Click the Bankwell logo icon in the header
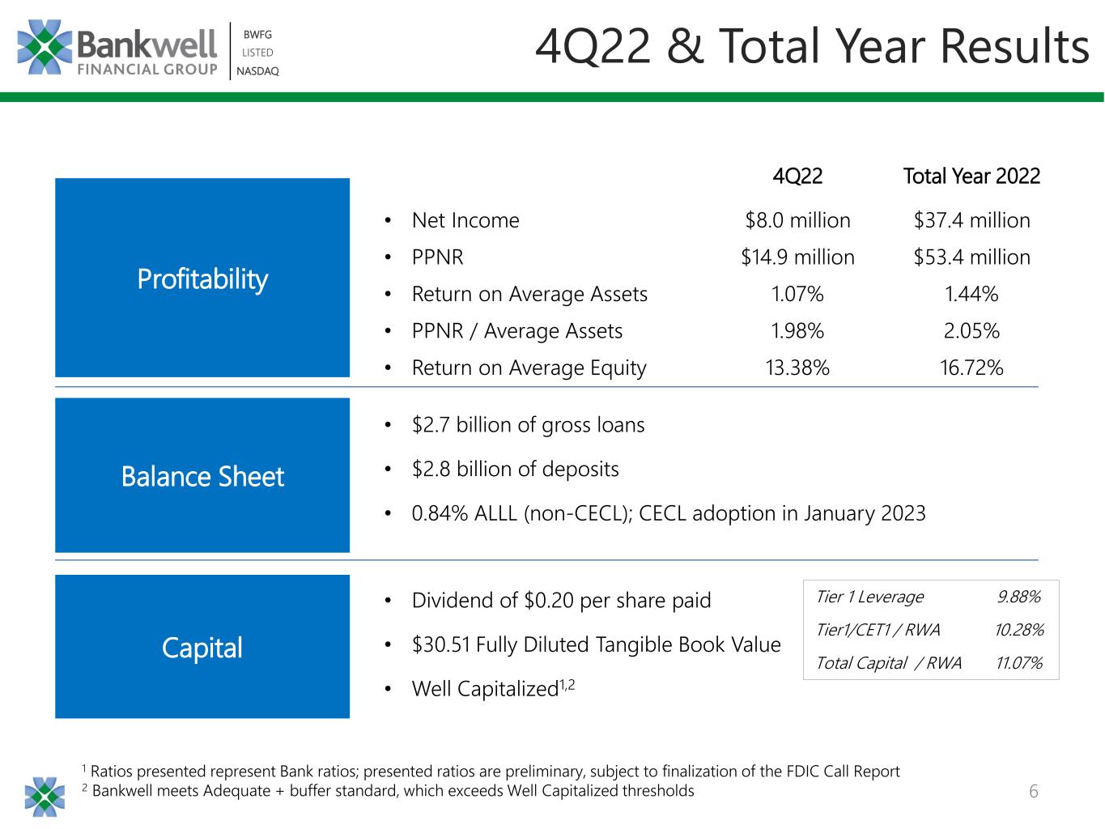pyautogui.click(x=45, y=47)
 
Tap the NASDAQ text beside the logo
pyautogui.click(x=257, y=71)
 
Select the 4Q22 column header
pyautogui.click(x=797, y=176)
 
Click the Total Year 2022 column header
pyautogui.click(x=971, y=176)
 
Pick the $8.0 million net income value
pyautogui.click(x=797, y=220)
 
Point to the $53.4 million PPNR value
pyautogui.click(x=971, y=257)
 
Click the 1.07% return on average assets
pyautogui.click(x=797, y=294)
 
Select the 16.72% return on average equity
pyautogui.click(x=971, y=368)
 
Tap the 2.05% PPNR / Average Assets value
pyautogui.click(x=971, y=330)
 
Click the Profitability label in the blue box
pyautogui.click(x=202, y=279)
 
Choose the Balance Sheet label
pyautogui.click(x=202, y=476)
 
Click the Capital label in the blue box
pyautogui.click(x=202, y=648)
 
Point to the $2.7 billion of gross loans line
pyautogui.click(x=528, y=425)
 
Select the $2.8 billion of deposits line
pyautogui.click(x=515, y=469)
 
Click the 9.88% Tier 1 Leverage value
pyautogui.click(x=1018, y=597)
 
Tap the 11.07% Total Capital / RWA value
pyautogui.click(x=1018, y=663)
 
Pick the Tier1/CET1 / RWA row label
pyautogui.click(x=878, y=630)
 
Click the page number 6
pyautogui.click(x=1033, y=791)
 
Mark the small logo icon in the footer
pyautogui.click(x=45, y=797)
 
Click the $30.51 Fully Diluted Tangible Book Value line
pyautogui.click(x=596, y=644)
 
